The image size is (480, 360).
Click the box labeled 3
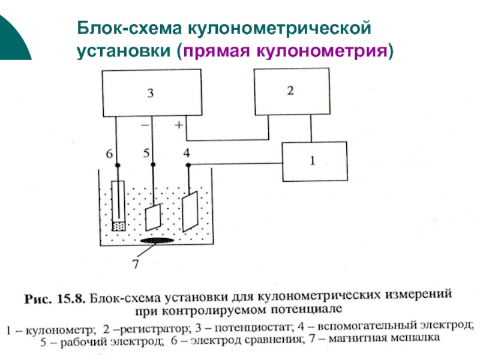pos(150,93)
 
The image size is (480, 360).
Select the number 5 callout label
pos(146,154)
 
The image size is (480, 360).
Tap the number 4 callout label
pos(187,154)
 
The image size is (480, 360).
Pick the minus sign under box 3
pos(145,125)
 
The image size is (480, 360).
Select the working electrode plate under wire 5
pos(154,216)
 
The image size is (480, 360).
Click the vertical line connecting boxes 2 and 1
pos(310,128)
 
